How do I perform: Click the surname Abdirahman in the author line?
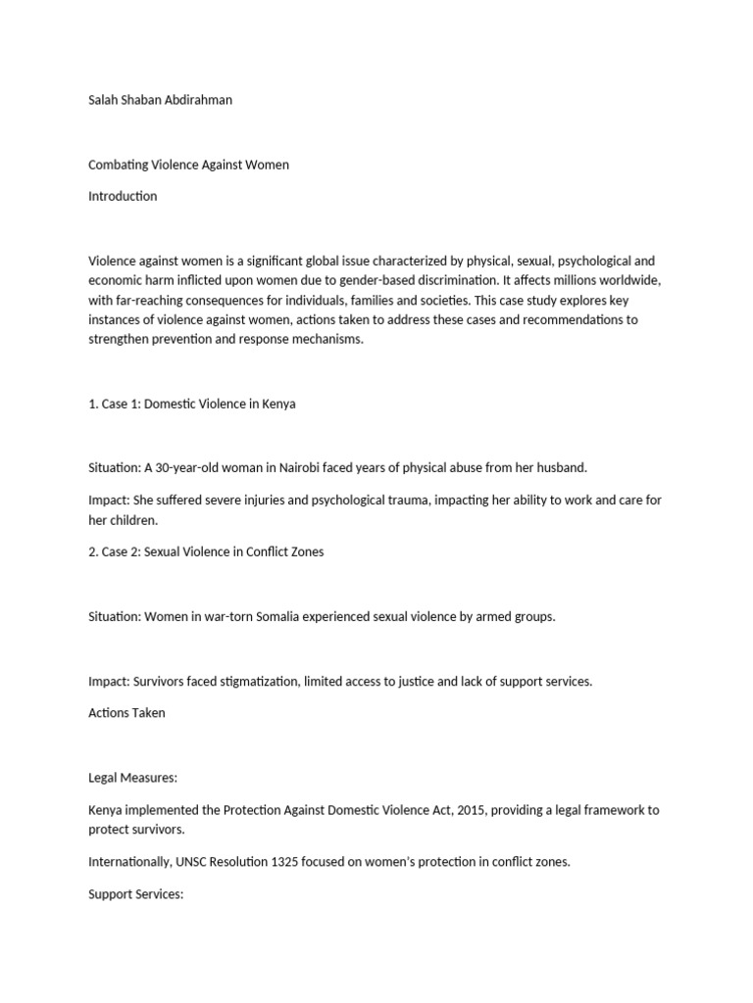coord(198,100)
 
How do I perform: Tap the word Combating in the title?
coord(116,165)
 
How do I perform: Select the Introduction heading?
coord(123,196)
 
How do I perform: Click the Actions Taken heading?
coord(126,713)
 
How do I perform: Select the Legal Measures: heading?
coord(132,778)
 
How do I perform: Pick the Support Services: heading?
coord(136,894)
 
